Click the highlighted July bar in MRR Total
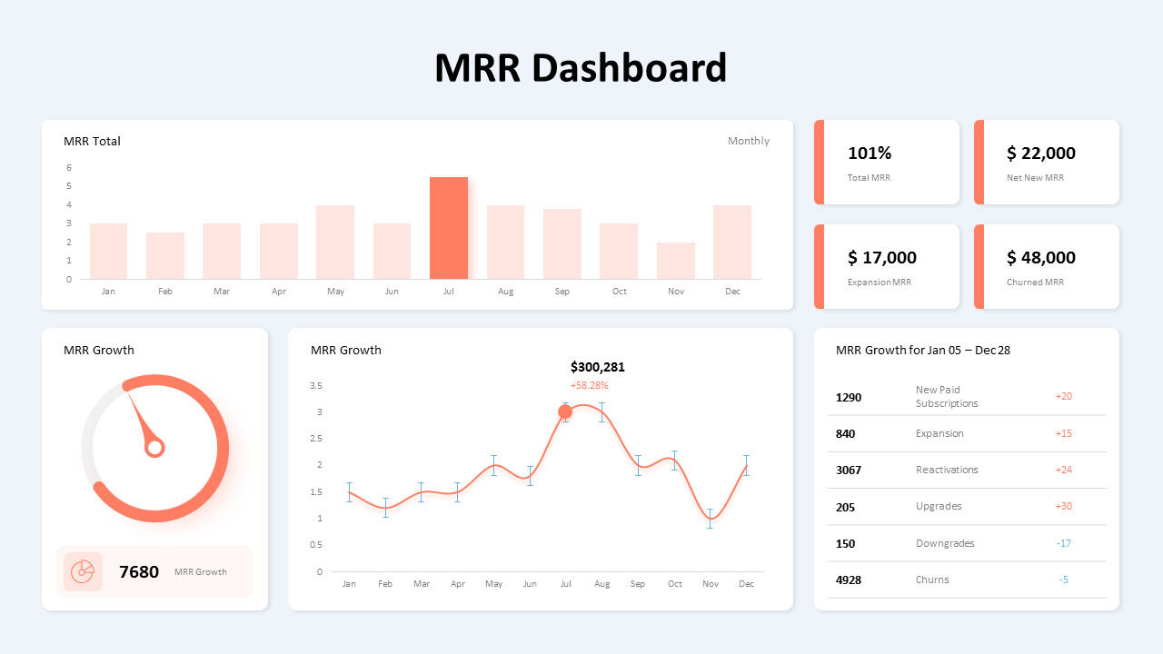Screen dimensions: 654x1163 [x=449, y=228]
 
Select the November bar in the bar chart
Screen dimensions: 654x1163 [x=675, y=261]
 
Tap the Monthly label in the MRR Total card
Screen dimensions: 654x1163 [x=748, y=141]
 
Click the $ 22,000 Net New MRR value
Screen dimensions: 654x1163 [x=1040, y=154]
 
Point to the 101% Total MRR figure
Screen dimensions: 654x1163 [x=870, y=154]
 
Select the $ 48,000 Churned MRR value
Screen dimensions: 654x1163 [x=1040, y=258]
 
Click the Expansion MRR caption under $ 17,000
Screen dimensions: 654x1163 [x=879, y=282]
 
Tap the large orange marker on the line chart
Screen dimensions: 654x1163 [x=565, y=411]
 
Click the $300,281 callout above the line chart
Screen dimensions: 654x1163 [x=597, y=367]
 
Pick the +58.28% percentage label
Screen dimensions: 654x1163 [x=589, y=385]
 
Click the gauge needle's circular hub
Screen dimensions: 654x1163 [x=155, y=447]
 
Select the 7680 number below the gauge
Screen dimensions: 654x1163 [x=139, y=572]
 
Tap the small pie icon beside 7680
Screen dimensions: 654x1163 [x=83, y=571]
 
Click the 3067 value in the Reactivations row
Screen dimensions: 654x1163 [x=849, y=471]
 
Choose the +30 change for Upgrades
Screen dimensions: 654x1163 [x=1063, y=507]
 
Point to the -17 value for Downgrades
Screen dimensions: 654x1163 [x=1063, y=543]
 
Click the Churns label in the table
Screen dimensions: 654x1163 [x=932, y=580]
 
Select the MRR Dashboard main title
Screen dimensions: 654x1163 [x=581, y=68]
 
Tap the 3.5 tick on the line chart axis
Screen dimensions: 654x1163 [x=316, y=386]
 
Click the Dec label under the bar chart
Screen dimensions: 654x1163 [x=732, y=292]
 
